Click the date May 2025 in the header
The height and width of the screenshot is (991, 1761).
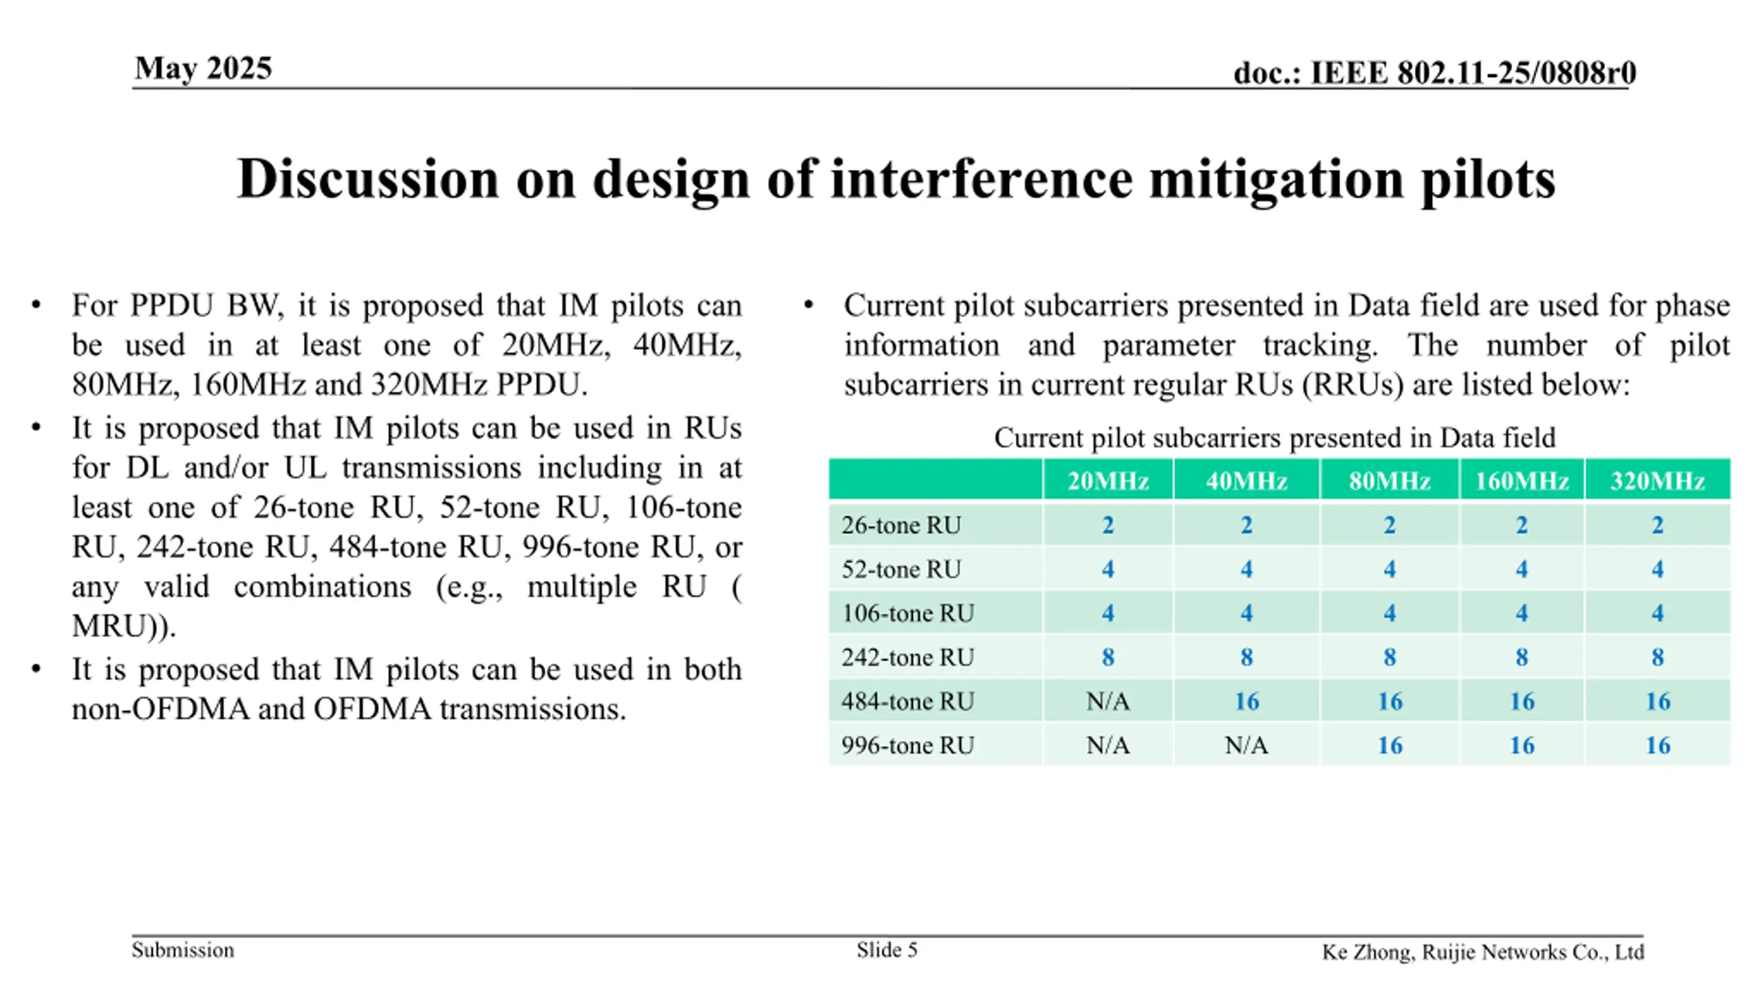point(204,68)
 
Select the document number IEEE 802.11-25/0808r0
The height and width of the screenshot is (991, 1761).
point(1473,72)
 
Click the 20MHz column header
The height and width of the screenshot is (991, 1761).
point(1108,480)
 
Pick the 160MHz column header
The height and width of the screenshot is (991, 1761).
point(1522,480)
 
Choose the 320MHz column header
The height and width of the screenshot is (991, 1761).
point(1657,480)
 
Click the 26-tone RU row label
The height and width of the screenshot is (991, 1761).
point(901,525)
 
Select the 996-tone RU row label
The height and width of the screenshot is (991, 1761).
point(908,745)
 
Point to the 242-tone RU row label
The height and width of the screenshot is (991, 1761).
point(908,657)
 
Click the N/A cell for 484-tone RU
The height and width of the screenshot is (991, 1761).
point(1108,701)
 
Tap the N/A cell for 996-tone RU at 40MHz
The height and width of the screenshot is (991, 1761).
point(1246,745)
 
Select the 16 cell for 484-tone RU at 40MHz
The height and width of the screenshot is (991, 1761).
point(1246,701)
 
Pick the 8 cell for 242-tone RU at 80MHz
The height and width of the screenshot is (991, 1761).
point(1390,657)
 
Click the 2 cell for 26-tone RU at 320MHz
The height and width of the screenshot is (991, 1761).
point(1657,525)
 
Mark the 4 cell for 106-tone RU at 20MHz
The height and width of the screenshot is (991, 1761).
point(1108,613)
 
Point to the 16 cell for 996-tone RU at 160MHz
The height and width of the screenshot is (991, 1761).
point(1522,745)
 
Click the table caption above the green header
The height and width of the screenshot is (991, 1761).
point(1275,438)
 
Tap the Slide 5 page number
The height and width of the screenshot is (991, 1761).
point(887,950)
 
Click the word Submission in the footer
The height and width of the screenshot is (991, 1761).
point(183,950)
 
